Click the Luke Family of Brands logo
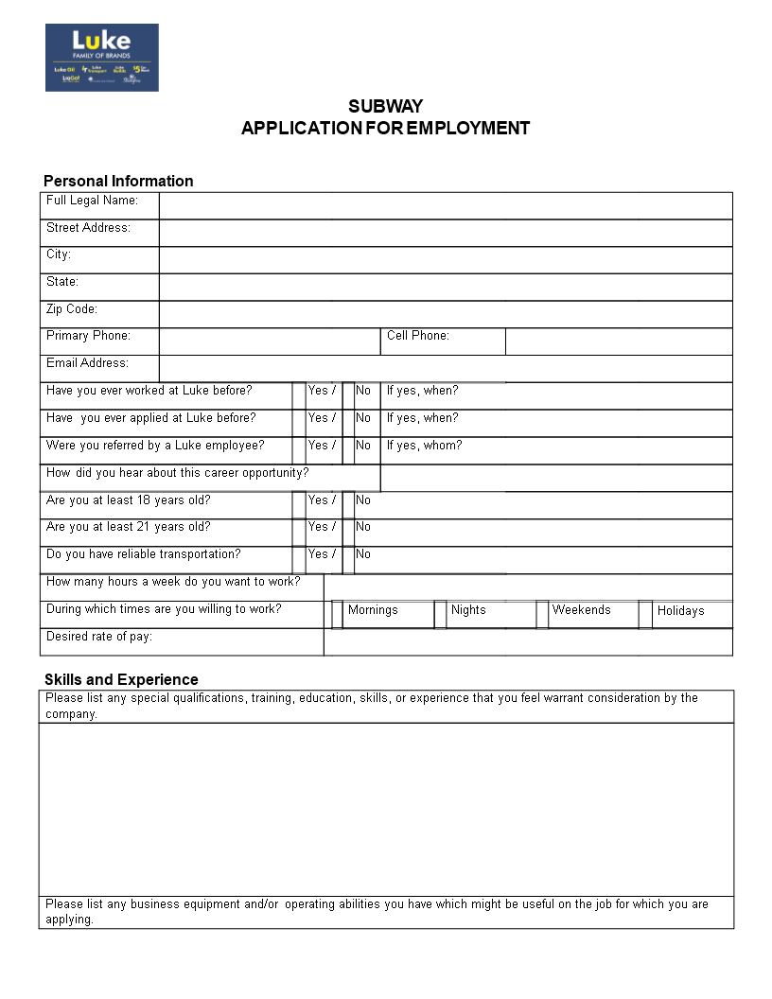pyautogui.click(x=102, y=58)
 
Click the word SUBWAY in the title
pyautogui.click(x=385, y=106)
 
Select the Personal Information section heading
pyautogui.click(x=118, y=181)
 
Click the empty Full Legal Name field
pyautogui.click(x=446, y=205)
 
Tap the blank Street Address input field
pyautogui.click(x=446, y=233)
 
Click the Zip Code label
pyautogui.click(x=72, y=309)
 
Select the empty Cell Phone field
pyautogui.click(x=619, y=342)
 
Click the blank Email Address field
pyautogui.click(x=446, y=368)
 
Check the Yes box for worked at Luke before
pyautogui.click(x=299, y=395)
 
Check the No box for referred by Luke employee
pyautogui.click(x=348, y=450)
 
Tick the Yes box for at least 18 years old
pyautogui.click(x=299, y=505)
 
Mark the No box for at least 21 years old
pyautogui.click(x=348, y=533)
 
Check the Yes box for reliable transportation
pyautogui.click(x=299, y=560)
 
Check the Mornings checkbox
pyautogui.click(x=337, y=614)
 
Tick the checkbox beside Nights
pyautogui.click(x=440, y=614)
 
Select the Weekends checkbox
pyautogui.click(x=542, y=614)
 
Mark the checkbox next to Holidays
pyautogui.click(x=645, y=614)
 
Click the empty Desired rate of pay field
pyautogui.click(x=528, y=641)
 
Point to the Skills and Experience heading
pyautogui.click(x=121, y=679)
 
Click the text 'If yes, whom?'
pyautogui.click(x=424, y=446)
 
